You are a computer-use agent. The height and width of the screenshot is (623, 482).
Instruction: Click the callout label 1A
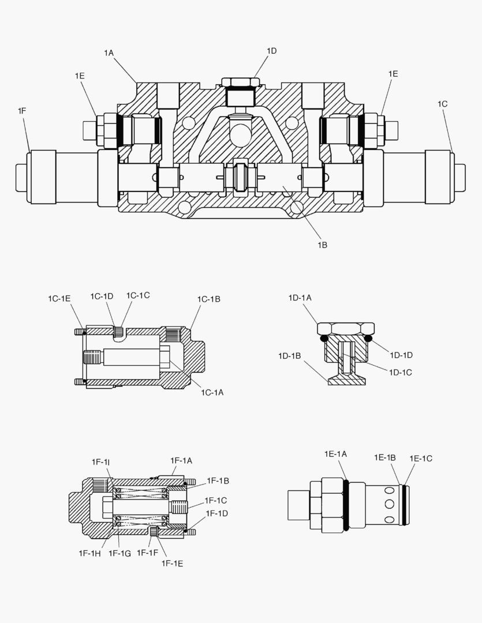[109, 52]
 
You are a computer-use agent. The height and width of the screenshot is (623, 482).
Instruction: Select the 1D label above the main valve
[271, 51]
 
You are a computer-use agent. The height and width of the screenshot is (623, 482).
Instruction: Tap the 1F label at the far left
[22, 110]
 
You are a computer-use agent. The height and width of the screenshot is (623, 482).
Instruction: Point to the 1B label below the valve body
[322, 245]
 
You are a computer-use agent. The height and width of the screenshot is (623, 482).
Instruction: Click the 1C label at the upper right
[442, 104]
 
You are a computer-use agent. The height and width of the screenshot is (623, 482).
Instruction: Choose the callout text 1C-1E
[59, 298]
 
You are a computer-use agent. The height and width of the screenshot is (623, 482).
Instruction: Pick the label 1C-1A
[212, 392]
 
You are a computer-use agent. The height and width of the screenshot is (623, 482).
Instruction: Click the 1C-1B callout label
[208, 299]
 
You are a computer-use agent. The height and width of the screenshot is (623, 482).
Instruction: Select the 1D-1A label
[300, 298]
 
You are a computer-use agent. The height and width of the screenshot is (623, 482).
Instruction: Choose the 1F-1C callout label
[216, 500]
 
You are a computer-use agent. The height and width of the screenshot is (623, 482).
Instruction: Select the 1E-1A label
[335, 454]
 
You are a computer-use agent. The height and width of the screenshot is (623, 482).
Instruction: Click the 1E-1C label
[421, 458]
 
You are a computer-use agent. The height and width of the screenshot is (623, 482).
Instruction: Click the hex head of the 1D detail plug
[346, 328]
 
